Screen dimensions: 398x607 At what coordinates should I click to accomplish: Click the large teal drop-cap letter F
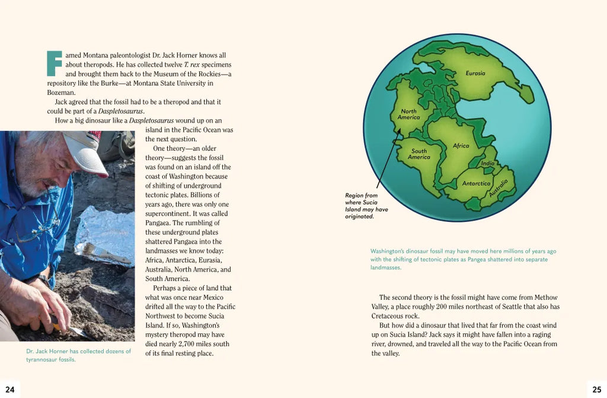click(54, 63)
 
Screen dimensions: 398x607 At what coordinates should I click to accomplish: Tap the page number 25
click(597, 390)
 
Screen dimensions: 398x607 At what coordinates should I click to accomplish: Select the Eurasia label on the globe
click(475, 74)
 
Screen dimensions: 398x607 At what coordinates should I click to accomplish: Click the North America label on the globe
click(408, 114)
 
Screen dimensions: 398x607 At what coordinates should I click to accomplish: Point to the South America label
click(419, 154)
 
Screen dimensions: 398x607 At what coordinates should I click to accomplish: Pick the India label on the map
click(487, 164)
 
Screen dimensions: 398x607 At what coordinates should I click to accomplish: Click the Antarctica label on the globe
click(476, 183)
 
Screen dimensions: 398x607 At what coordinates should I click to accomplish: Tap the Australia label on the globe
click(499, 187)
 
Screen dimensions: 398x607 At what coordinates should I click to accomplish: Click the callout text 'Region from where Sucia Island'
click(366, 206)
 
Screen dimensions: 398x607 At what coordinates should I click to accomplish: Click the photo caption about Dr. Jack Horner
click(78, 355)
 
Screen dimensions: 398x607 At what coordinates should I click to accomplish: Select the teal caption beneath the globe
click(463, 259)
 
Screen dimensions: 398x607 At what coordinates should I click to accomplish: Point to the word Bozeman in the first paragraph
click(61, 93)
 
